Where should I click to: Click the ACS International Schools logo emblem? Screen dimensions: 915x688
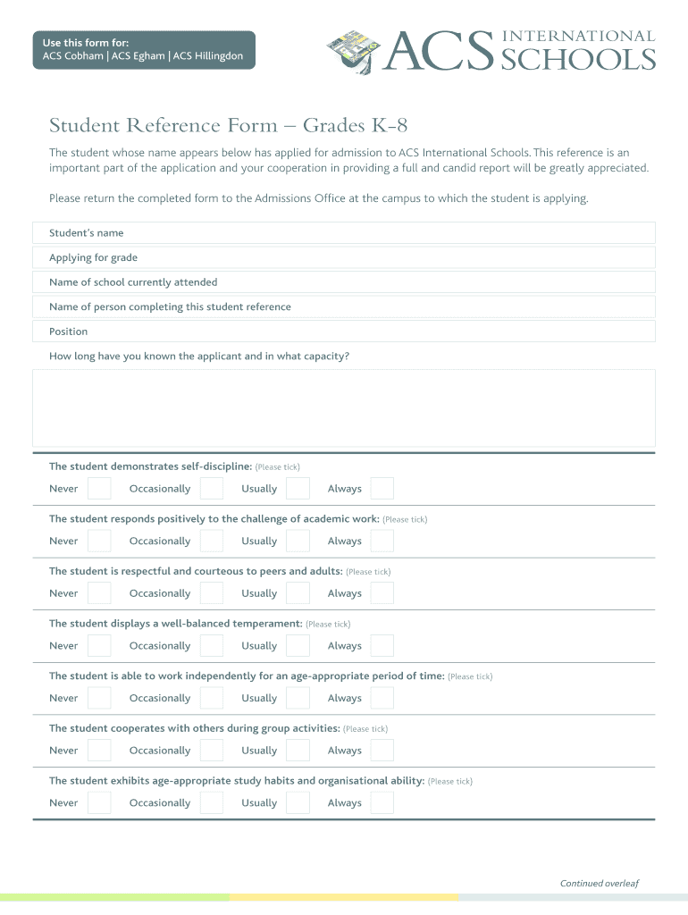(353, 49)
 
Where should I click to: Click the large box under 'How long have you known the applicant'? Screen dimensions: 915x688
(344, 407)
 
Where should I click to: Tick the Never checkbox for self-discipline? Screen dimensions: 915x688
(100, 489)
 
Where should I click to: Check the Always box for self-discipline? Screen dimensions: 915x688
(382, 489)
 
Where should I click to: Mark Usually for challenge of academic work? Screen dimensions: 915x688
(298, 541)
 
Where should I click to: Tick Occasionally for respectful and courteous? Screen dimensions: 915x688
(212, 593)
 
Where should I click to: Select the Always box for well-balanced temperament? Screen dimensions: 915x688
(382, 646)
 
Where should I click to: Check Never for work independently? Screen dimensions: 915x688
(100, 698)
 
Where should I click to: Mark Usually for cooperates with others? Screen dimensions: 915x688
(298, 751)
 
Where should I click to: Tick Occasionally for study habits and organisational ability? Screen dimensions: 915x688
(212, 802)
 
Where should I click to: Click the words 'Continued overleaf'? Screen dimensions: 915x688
(599, 884)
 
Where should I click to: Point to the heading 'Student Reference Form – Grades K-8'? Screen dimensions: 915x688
(228, 125)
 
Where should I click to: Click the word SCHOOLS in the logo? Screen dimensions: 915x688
(578, 59)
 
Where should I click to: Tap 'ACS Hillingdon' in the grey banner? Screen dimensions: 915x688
(208, 56)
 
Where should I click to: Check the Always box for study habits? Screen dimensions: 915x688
(382, 802)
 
